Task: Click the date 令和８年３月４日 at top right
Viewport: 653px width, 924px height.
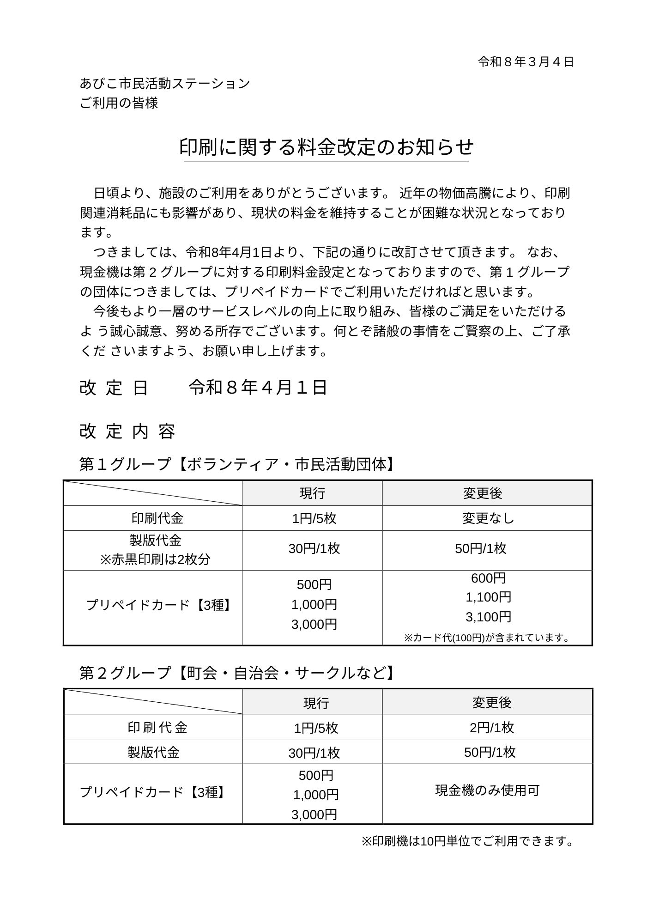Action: tap(526, 62)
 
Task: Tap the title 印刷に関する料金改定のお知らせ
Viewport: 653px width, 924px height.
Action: tap(326, 147)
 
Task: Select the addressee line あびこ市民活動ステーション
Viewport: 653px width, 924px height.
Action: tap(165, 84)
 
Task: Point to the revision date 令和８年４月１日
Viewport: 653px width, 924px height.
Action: tap(258, 387)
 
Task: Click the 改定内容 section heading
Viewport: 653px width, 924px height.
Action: tap(127, 431)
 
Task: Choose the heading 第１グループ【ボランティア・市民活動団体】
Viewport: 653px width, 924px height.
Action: tap(237, 464)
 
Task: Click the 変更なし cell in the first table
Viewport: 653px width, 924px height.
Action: tap(488, 518)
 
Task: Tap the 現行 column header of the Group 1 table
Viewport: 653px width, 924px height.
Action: tap(312, 493)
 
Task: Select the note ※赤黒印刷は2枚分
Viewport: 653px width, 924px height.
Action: tap(155, 559)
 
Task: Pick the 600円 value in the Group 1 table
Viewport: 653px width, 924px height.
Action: tap(488, 578)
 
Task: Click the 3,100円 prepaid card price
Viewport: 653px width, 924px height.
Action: tap(488, 617)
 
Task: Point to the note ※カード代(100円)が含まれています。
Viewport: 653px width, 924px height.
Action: tap(487, 638)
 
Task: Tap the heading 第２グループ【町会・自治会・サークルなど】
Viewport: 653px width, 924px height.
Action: tap(237, 673)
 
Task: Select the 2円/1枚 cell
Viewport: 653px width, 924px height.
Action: tap(491, 728)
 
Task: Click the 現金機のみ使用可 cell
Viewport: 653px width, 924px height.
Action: tap(487, 790)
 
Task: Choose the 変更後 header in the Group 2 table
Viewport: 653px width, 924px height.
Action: tap(491, 703)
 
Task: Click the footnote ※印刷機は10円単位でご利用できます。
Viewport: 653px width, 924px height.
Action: tap(467, 841)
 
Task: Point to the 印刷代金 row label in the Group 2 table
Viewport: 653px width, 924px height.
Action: tap(157, 728)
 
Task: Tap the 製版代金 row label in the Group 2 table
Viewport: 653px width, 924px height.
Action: tap(153, 753)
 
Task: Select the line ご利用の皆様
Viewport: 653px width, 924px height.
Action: tap(119, 103)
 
